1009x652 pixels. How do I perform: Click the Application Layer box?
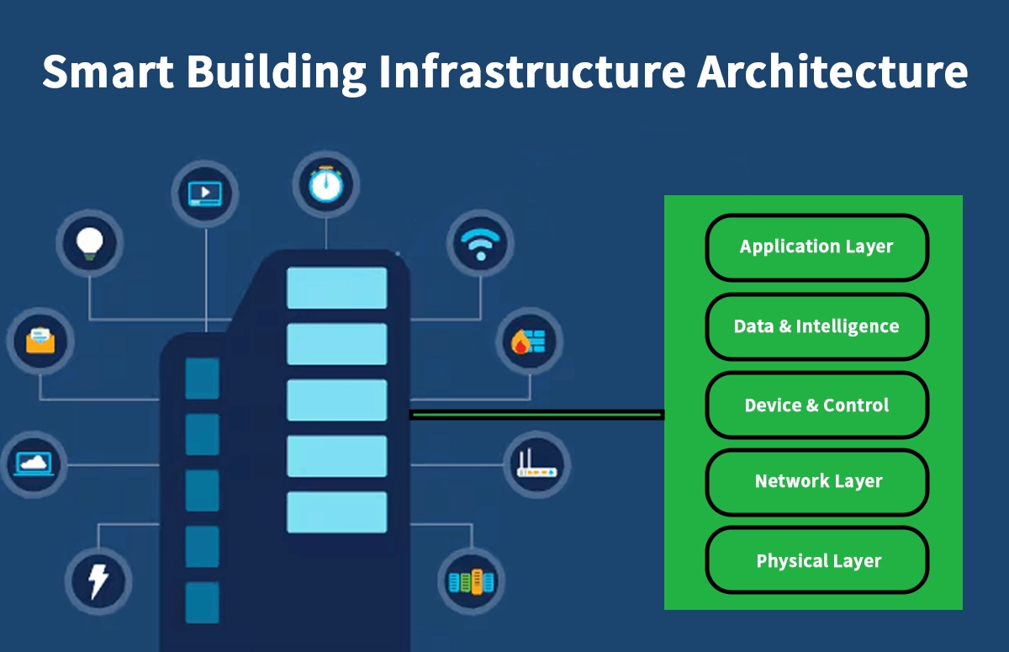[816, 247]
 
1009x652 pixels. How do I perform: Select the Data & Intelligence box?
[816, 326]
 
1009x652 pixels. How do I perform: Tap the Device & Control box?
[816, 406]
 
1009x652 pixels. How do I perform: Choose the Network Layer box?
[816, 482]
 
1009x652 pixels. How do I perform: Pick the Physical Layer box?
[816, 561]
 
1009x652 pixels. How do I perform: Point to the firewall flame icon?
[529, 342]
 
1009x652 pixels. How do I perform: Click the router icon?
[536, 465]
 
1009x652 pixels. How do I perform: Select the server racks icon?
[472, 581]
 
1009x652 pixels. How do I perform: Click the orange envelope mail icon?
[40, 342]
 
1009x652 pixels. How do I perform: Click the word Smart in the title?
[108, 72]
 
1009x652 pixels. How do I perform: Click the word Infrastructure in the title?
[531, 72]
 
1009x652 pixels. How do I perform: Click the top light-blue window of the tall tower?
[336, 288]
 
